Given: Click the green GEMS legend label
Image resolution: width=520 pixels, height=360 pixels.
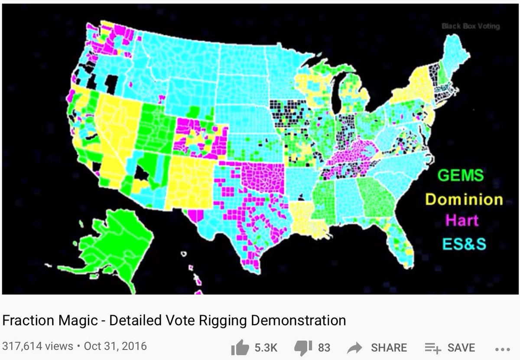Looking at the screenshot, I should pyautogui.click(x=460, y=176).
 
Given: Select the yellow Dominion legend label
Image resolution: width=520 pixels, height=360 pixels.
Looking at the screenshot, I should pyautogui.click(x=464, y=199).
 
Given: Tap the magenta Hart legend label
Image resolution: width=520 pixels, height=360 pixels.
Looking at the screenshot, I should pyautogui.click(x=462, y=220).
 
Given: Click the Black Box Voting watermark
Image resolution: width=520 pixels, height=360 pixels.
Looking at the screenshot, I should pyautogui.click(x=471, y=26).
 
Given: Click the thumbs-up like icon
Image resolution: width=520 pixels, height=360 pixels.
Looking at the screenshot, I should pyautogui.click(x=240, y=347).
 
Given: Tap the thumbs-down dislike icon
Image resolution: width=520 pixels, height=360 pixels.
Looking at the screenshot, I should pyautogui.click(x=304, y=347).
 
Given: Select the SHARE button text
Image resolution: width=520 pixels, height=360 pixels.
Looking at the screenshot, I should pyautogui.click(x=389, y=347).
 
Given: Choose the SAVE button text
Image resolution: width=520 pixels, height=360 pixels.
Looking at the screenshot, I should pyautogui.click(x=461, y=347).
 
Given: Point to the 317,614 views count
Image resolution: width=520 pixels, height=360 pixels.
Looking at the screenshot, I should pyautogui.click(x=38, y=346).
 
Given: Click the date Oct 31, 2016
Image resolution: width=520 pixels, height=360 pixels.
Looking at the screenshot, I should pyautogui.click(x=115, y=346).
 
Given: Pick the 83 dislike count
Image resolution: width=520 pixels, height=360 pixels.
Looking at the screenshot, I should pyautogui.click(x=324, y=347).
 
